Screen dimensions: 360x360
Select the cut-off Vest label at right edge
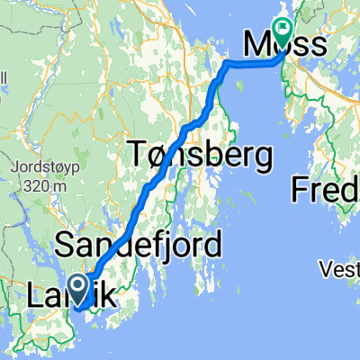(341, 268)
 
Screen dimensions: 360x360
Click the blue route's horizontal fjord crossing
(252, 63)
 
